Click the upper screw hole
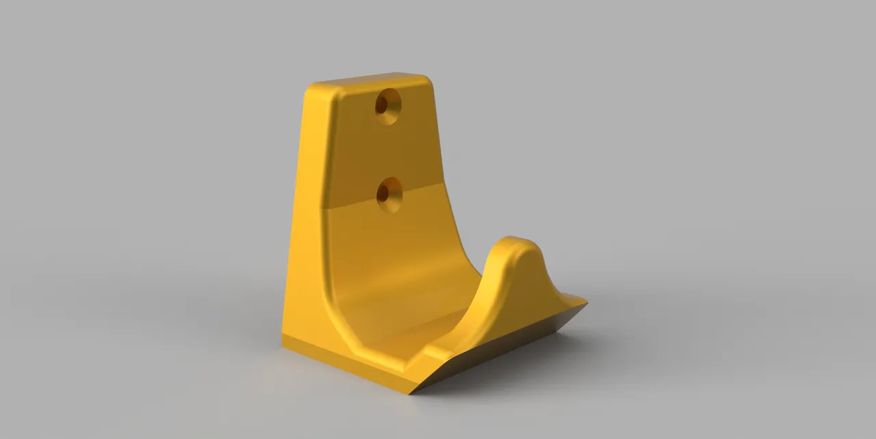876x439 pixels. pos(387,105)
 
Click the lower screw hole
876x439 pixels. pos(389,193)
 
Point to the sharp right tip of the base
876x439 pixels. pos(586,301)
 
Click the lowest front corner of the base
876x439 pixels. pos(413,393)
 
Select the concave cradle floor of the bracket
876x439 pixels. pos(397,322)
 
